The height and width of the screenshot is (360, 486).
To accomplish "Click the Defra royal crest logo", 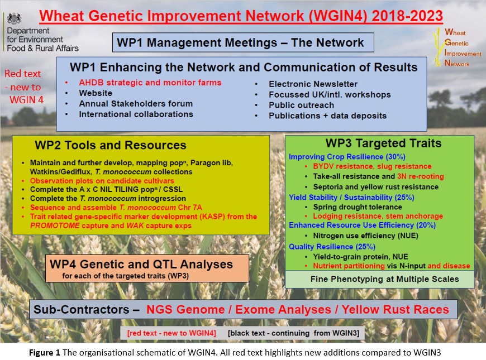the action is coord(15,18).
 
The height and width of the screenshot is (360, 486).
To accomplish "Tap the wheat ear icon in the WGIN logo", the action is coord(437,47).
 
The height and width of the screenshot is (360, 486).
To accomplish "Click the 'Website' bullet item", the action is coord(96,93).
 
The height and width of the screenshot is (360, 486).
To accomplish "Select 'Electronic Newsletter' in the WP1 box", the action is coord(313,84).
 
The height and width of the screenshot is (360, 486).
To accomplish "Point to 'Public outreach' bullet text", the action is coord(301,105).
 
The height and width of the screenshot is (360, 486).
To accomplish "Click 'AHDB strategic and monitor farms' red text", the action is coord(150,83).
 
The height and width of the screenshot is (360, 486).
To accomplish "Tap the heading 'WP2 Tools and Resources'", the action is coord(111,145).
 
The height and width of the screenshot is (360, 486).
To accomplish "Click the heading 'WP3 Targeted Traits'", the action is coord(383,143).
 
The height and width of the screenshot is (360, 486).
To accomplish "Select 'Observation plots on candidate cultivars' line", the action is coord(102,181).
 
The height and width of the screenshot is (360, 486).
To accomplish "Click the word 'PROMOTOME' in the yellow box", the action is coord(55,225).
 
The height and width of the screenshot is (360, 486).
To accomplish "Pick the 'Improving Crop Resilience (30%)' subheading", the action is coord(347,157).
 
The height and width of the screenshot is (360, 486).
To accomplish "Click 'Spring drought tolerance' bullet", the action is coord(358,207).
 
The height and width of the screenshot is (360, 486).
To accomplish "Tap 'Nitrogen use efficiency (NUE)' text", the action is coord(366,236).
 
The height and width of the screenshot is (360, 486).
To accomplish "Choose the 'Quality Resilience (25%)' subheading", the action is coord(332,247).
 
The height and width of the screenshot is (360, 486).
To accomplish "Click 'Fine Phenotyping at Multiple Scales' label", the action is coord(385,279).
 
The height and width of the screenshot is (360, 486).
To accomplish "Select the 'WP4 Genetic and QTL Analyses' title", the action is coord(141,264).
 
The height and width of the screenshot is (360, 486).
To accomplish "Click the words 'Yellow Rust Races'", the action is coord(395,310).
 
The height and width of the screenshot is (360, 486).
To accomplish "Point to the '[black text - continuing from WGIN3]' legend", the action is coord(293,333).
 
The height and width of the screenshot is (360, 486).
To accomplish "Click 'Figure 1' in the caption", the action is coord(45,353).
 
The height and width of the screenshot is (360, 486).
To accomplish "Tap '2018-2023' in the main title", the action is coord(407,16).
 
